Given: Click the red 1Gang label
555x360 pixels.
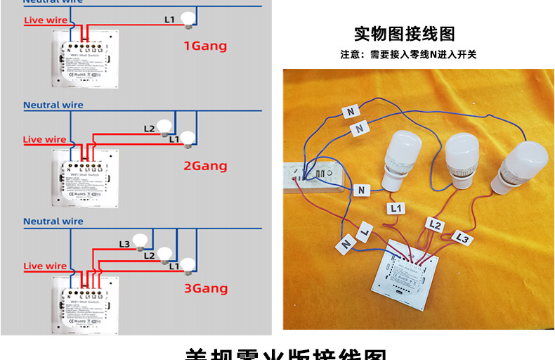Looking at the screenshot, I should tap(205, 46).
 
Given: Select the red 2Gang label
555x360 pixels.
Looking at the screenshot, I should tap(205, 166).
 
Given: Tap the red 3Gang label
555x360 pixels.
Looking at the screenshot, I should tap(206, 288).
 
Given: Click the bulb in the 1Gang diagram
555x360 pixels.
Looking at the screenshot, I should tap(188, 20).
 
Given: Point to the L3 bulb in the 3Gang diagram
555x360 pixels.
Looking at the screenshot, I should tap(142, 241).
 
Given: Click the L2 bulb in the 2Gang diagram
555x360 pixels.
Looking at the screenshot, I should tap(164, 127).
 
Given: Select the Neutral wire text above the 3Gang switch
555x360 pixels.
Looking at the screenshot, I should tap(53, 221).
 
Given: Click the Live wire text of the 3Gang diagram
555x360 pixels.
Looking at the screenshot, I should tap(46, 266).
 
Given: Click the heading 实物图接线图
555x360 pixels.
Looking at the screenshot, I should tap(404, 34).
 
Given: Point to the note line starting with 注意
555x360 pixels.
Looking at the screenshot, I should tap(408, 54).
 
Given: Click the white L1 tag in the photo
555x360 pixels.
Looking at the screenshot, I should tap(396, 208).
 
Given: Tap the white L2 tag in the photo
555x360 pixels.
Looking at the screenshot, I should tap(435, 225).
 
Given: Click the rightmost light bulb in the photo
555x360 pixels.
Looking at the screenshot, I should tap(521, 166).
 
